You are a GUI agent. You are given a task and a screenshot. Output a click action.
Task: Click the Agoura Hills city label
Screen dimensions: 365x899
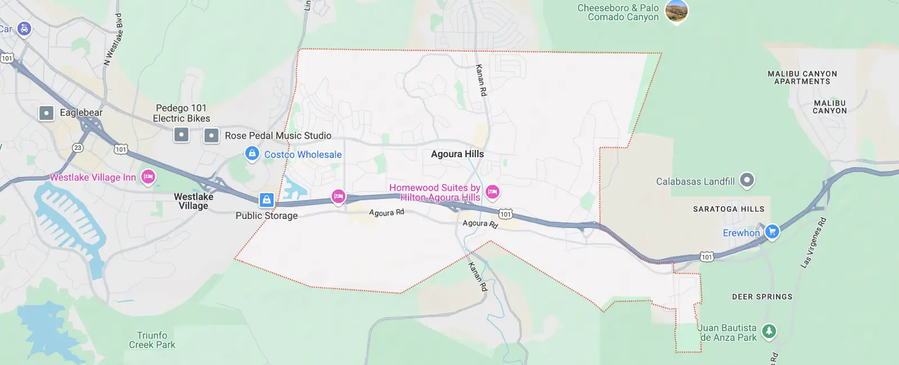457,154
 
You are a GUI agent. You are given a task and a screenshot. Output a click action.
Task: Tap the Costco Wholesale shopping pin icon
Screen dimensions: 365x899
252,153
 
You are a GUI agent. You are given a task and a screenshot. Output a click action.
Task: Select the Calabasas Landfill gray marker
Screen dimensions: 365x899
746,180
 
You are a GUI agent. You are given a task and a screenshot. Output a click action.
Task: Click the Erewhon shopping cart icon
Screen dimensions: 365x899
772,231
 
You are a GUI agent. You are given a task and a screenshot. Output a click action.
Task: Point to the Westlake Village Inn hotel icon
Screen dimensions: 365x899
148,177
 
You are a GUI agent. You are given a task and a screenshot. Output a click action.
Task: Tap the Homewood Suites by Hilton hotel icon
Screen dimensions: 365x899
492,192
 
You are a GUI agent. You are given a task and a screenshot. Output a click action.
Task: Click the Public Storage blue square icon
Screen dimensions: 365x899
266,199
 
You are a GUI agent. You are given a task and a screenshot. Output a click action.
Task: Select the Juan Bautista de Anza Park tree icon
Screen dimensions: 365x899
769,331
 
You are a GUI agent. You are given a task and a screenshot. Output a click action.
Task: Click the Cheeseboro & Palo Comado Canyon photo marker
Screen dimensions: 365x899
676,11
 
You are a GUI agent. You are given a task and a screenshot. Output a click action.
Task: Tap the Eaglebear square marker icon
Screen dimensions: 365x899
46,113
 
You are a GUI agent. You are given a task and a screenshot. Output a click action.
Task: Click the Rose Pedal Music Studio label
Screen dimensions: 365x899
278,135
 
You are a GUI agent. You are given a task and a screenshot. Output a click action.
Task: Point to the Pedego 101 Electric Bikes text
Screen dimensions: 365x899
181,113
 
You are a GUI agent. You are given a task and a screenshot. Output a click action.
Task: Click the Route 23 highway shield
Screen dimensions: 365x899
78,148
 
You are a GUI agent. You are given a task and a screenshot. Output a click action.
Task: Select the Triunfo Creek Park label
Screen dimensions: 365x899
152,340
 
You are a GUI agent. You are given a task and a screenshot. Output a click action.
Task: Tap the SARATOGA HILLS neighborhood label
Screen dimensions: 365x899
728,209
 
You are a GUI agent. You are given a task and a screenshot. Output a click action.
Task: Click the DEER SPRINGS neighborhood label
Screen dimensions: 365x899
762,296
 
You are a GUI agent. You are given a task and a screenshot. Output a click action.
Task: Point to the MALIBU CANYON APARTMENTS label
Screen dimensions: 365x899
802,77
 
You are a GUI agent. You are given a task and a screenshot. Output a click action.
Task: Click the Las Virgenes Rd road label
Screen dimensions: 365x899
814,242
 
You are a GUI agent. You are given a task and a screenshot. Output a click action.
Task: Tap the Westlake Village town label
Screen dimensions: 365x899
193,201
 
